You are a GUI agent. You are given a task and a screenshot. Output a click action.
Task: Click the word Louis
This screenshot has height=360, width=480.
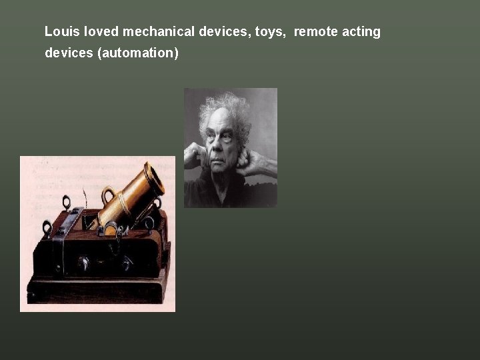59,31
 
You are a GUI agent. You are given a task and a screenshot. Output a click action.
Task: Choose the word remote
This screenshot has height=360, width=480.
314,31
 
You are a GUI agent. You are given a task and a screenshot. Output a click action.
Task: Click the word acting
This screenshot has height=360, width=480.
361,32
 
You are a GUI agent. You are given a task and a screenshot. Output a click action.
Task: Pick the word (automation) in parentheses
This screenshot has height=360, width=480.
138,53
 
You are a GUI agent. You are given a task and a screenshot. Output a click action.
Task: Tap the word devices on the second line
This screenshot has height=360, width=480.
69,53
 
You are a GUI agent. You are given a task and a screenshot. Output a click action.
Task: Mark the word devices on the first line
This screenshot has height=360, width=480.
224,31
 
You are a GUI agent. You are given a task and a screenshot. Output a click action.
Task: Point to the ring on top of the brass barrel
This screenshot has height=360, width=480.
108,195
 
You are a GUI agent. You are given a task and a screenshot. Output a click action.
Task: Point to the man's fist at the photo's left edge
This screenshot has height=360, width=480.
193,157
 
